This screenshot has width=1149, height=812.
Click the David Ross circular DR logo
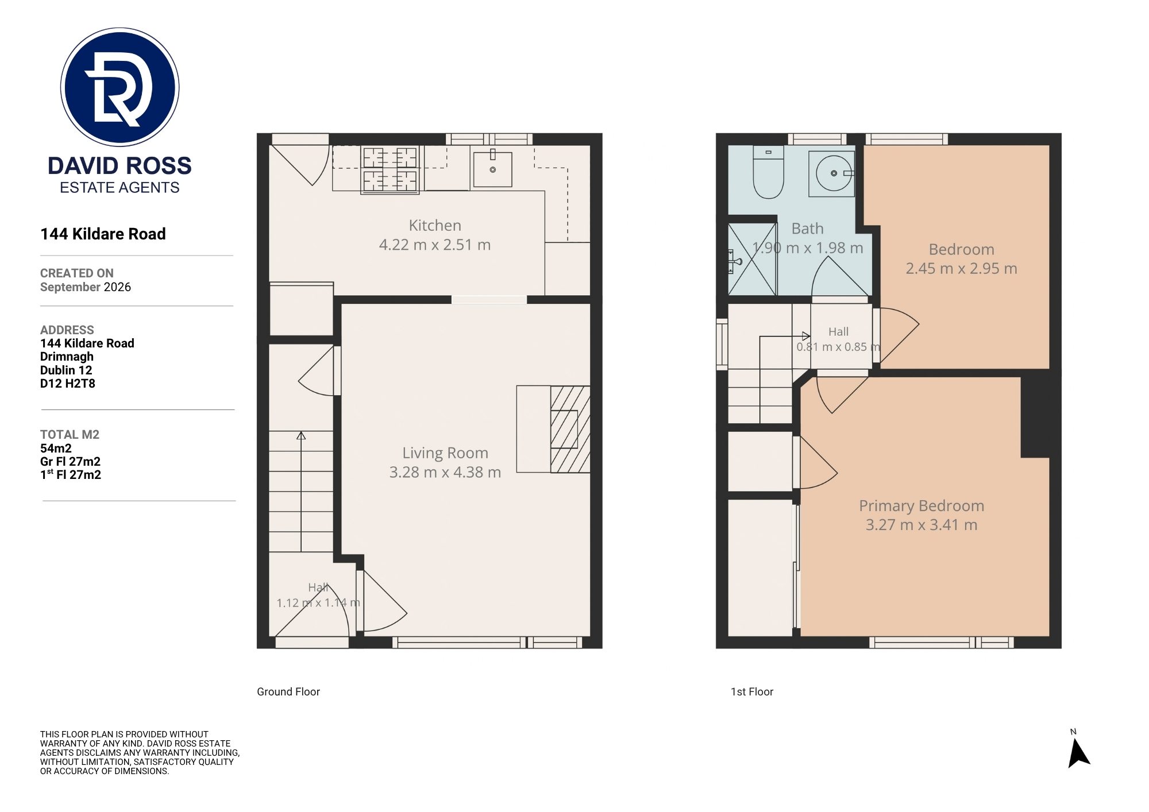120,87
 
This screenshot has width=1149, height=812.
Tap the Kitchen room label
435,225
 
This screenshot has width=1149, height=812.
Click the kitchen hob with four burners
390,169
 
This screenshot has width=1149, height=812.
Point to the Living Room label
445,453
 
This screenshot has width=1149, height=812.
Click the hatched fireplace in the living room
570,429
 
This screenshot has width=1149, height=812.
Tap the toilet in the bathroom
768,172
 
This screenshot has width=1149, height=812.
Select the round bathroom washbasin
834,173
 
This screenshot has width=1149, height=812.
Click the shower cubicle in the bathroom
752,258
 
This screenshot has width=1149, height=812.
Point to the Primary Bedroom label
921,505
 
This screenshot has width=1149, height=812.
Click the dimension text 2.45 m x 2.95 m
961,268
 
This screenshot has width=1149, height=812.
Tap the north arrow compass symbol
1078,752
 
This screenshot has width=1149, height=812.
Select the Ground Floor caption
288,692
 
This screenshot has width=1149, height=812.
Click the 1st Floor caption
752,692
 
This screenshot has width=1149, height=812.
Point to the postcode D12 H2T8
68,384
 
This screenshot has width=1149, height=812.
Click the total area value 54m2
56,448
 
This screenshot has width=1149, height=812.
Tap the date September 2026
86,287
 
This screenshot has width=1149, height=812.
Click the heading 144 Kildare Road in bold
103,234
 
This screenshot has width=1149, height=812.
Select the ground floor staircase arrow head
301,436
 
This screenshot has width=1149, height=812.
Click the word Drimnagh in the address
67,357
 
